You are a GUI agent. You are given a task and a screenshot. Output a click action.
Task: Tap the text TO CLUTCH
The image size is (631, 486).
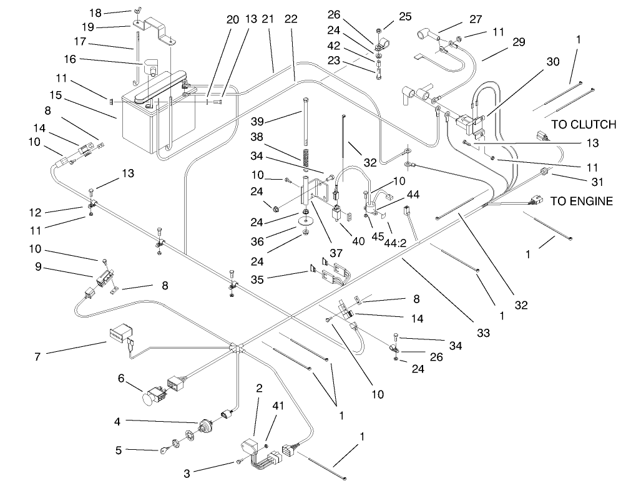[583, 125]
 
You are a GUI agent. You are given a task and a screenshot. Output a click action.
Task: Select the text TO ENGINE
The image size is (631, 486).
[581, 202]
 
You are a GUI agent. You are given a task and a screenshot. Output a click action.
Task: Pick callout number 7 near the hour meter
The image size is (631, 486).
[38, 357]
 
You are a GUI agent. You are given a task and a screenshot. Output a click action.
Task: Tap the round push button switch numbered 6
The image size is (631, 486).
[152, 394]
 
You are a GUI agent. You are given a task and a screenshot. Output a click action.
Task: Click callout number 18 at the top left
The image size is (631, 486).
[95, 13]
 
